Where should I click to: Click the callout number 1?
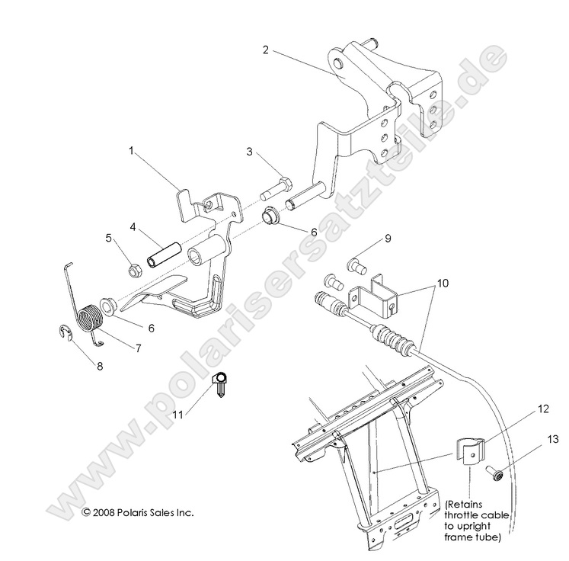pyautogui.click(x=131, y=152)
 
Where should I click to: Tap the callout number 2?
pyautogui.click(x=264, y=50)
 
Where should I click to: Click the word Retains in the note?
pyautogui.click(x=468, y=505)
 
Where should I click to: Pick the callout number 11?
pyautogui.click(x=178, y=415)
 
